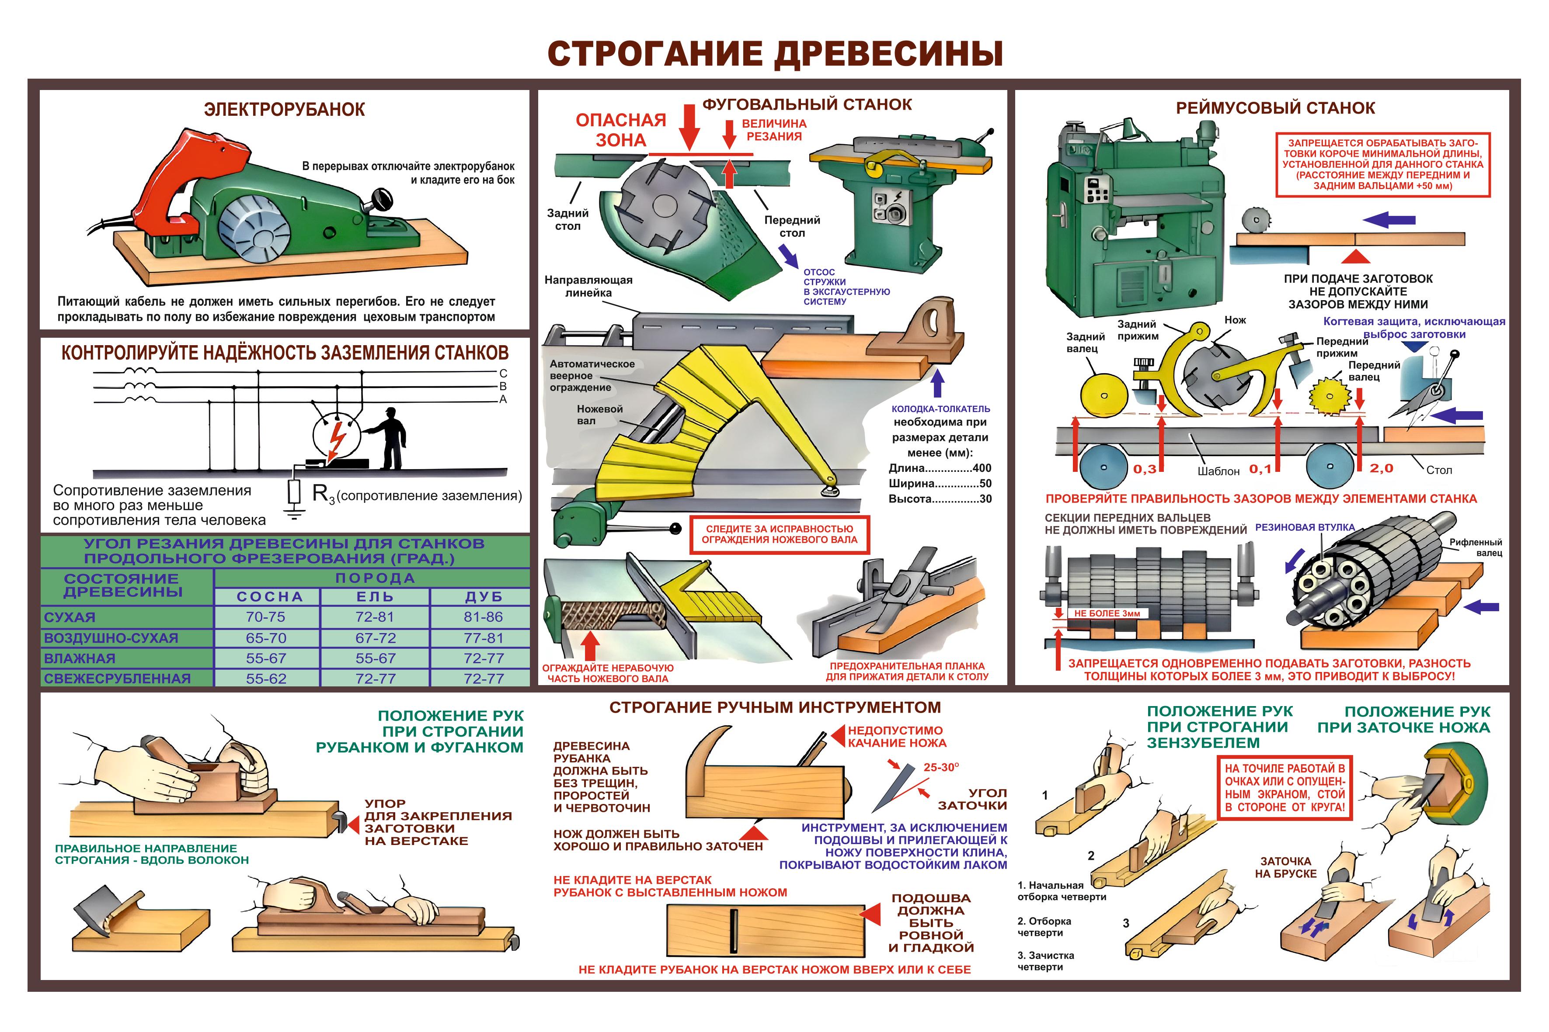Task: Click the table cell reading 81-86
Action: [x=484, y=616]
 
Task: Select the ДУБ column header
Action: [x=484, y=597]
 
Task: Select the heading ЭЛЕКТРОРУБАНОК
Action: [x=285, y=109]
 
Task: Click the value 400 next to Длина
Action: [x=982, y=468]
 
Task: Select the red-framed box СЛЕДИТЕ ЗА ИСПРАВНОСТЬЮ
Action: [x=779, y=534]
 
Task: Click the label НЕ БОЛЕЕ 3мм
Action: [x=1107, y=613]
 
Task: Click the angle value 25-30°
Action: [x=941, y=767]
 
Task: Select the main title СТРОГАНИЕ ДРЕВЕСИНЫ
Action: [x=775, y=53]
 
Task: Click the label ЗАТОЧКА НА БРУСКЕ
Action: [x=1285, y=867]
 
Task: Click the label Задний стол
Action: [x=567, y=219]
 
